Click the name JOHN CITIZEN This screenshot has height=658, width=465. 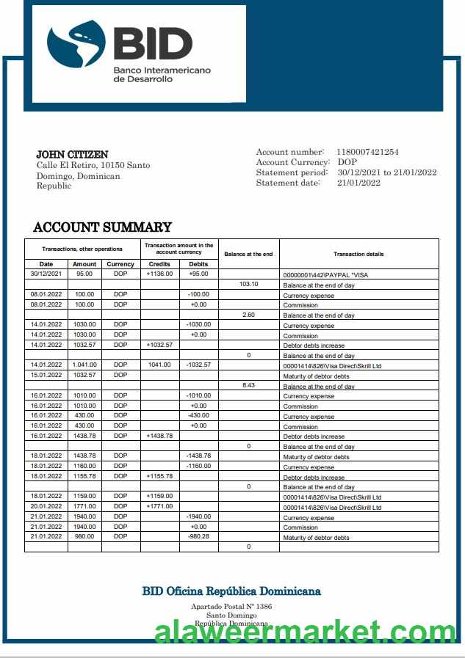[72, 155]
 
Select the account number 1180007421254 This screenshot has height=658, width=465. [367, 152]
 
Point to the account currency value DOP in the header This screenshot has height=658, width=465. [347, 162]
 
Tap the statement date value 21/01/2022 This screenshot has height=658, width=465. [358, 183]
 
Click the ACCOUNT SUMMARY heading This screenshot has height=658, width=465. [103, 227]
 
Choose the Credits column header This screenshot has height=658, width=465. [159, 264]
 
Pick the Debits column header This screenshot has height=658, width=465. [198, 264]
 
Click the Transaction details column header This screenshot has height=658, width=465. [358, 254]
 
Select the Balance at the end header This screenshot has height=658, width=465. [248, 254]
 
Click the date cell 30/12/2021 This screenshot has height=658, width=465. [46, 274]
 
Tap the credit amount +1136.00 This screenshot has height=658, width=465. [159, 274]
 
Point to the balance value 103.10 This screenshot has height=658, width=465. [249, 284]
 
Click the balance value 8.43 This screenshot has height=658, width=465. [249, 385]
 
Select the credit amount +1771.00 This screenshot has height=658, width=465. [159, 506]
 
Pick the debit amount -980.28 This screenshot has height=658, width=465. [198, 536]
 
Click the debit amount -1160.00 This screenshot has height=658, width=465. [198, 466]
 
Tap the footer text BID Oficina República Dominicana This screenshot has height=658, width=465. [231, 591]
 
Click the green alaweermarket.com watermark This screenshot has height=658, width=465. [305, 632]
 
